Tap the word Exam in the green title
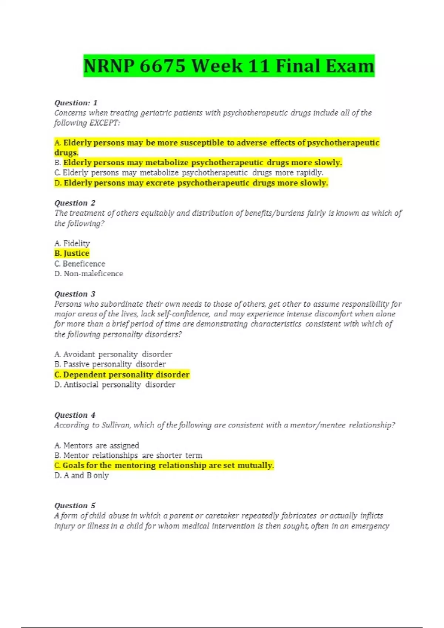350,66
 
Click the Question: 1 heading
76,103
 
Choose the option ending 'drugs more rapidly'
189,173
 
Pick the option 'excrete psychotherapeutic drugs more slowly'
191,183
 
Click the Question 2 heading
75,203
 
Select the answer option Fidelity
73,243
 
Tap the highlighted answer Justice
72,253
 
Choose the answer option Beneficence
80,264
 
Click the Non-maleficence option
89,274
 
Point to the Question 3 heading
75,294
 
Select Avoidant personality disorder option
113,354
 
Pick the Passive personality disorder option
110,364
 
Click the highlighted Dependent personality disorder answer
122,375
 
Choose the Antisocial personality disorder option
115,385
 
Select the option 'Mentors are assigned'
97,446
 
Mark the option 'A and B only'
82,475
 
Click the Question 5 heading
75,505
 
